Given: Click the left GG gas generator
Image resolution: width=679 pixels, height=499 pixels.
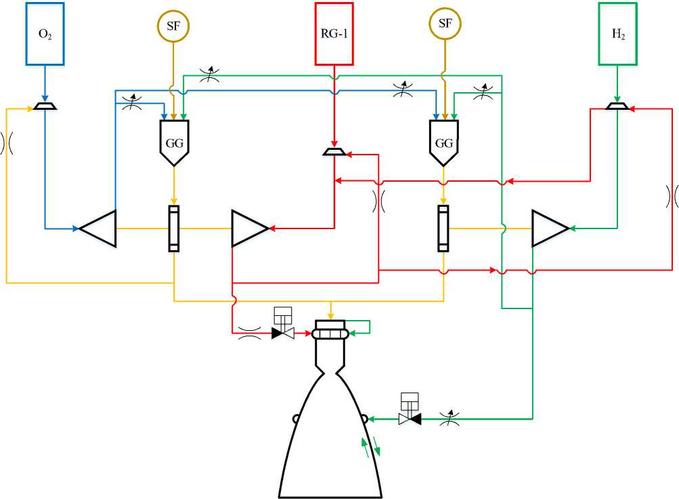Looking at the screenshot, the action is coord(174,142).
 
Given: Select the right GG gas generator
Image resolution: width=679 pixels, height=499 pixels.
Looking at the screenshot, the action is coord(443,142).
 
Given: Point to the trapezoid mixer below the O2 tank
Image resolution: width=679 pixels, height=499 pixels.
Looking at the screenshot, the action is coord(45,106).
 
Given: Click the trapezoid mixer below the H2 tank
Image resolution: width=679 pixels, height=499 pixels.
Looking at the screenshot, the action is coord(617,106).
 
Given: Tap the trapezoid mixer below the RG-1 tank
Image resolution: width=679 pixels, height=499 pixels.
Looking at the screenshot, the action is coord(334,152).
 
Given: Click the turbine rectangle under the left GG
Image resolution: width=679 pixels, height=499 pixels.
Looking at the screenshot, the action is coord(174,228).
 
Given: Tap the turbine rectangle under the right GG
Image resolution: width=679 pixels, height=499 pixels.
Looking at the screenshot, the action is coord(443,228).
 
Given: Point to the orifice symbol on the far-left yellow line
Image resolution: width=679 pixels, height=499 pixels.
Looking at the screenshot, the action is coord(7,143).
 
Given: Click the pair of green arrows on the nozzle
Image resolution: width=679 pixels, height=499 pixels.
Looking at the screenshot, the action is coord(371,447).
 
